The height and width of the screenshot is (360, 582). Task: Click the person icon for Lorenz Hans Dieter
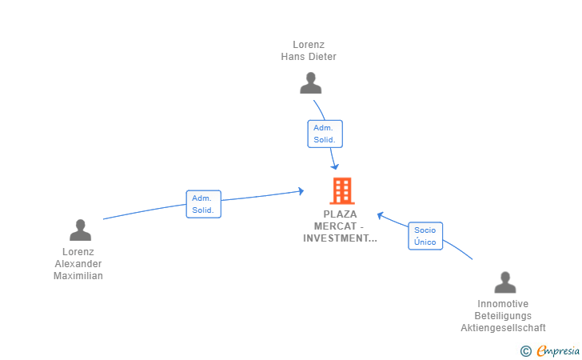click(310, 82)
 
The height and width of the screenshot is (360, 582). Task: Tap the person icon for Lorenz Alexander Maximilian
click(80, 230)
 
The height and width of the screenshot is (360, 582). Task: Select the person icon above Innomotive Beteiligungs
click(504, 282)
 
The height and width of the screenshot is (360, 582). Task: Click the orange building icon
click(341, 190)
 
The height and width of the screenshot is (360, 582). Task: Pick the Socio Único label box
click(425, 236)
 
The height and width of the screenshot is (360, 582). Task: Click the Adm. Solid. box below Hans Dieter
click(325, 134)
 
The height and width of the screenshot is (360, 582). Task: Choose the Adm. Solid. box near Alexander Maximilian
click(203, 204)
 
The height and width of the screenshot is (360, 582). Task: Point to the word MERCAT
click(340, 226)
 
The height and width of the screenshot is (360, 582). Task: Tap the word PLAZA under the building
click(341, 214)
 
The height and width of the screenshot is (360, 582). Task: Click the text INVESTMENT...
click(340, 238)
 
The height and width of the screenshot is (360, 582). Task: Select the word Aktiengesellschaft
click(503, 328)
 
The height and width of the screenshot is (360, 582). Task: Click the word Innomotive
click(503, 304)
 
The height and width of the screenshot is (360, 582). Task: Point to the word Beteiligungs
click(503, 316)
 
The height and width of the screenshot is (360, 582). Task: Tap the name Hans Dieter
click(309, 57)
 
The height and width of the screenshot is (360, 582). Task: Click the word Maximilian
click(78, 276)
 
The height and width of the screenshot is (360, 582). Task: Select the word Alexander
click(78, 264)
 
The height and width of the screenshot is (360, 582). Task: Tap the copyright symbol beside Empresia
click(526, 350)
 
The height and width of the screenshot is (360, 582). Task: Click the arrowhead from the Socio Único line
click(381, 214)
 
